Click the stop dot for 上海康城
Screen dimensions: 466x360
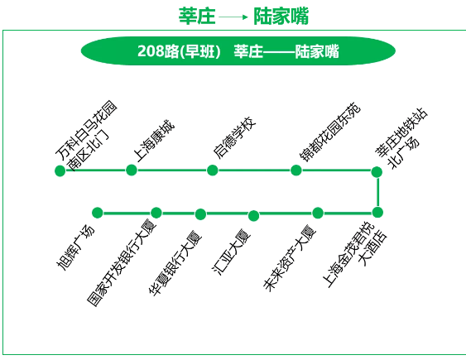point(132,170)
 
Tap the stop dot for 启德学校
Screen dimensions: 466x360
point(212,170)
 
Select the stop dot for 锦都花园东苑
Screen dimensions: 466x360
point(296,170)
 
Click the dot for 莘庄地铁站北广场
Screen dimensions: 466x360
point(377,171)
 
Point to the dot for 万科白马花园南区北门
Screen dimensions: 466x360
point(60,170)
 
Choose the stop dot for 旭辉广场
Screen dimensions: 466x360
point(98,213)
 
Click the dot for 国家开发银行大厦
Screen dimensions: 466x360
point(156,213)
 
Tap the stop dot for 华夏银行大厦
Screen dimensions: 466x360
point(200,214)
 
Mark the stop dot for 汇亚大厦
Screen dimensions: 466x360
point(253,216)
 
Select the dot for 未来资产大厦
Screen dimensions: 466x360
point(318,213)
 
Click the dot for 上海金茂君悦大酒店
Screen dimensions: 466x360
point(377,213)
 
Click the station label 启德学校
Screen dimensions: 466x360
point(234,137)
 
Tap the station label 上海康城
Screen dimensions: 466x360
point(154,141)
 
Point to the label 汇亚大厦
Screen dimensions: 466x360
point(232,252)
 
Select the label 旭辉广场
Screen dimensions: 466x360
point(75,247)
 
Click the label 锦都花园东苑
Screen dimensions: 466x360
point(330,132)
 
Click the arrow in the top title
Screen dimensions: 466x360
point(233,17)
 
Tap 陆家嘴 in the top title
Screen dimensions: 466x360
point(281,16)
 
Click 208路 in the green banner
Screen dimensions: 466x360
point(157,51)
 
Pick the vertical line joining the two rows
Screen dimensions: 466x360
point(377,192)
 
